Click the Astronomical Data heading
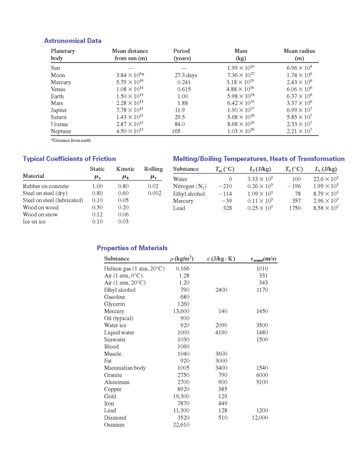tap(72, 41)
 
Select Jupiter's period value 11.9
tap(180, 110)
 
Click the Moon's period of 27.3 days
tap(186, 75)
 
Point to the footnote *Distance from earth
tap(71, 140)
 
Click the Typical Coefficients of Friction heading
tap(69, 159)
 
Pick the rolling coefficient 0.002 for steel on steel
tap(154, 193)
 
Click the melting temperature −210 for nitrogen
tap(225, 187)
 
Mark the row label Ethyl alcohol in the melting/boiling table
tap(189, 194)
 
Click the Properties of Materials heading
tap(132, 248)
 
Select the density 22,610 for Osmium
tap(180, 425)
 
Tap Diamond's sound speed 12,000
tap(259, 418)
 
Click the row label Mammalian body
tap(125, 368)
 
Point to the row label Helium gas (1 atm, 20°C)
tap(134, 269)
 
